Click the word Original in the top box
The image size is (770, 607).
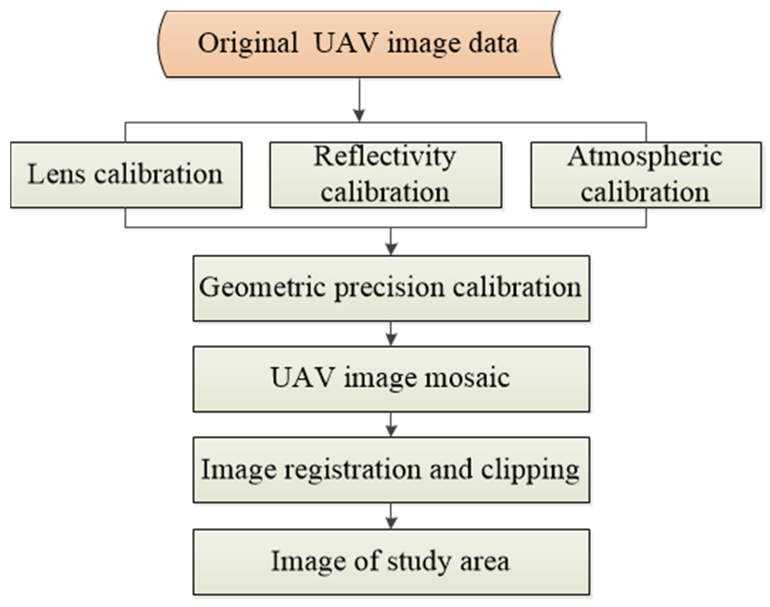[x=248, y=44]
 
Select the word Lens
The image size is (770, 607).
[x=56, y=174]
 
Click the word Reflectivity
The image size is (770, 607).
[x=385, y=157]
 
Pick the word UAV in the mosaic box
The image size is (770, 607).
[x=302, y=377]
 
